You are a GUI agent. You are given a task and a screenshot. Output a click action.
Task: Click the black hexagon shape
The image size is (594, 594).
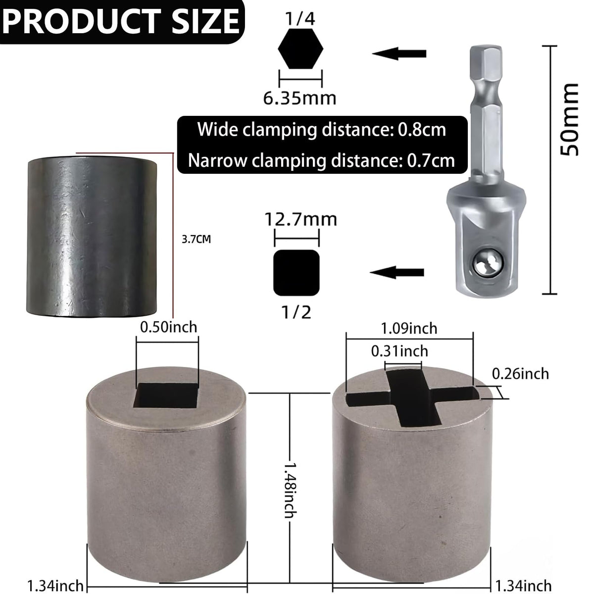tap(300, 49)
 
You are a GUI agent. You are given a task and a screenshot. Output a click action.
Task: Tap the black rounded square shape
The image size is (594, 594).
tap(296, 272)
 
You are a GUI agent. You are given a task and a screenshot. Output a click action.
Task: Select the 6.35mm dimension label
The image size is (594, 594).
tap(299, 99)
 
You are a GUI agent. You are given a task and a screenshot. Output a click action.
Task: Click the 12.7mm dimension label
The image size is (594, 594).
tap(301, 219)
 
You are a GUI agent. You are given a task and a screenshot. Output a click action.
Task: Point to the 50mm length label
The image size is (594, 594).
tap(569, 120)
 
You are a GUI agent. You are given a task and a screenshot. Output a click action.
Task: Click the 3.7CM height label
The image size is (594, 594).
tap(197, 239)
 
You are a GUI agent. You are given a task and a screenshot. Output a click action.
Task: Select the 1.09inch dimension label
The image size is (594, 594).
tap(409, 329)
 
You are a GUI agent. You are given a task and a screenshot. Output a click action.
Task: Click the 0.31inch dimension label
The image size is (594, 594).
tap(399, 351)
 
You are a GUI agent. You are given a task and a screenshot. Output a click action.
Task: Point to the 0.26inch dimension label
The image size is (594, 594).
tap(520, 374)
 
